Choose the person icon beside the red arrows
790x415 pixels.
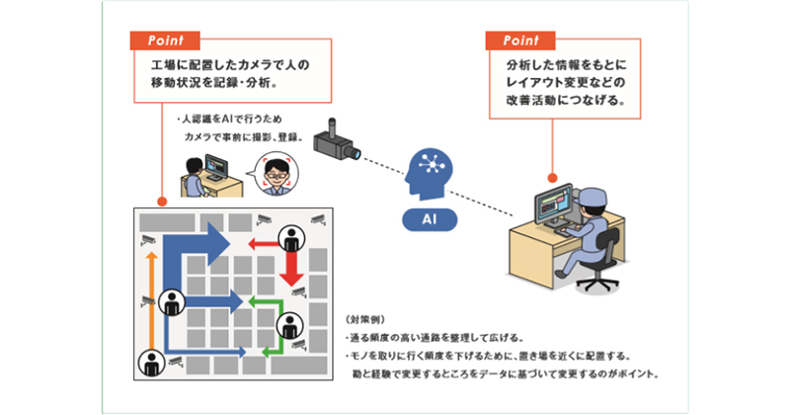pos(293,237)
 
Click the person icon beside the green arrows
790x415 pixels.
pos(291,323)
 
